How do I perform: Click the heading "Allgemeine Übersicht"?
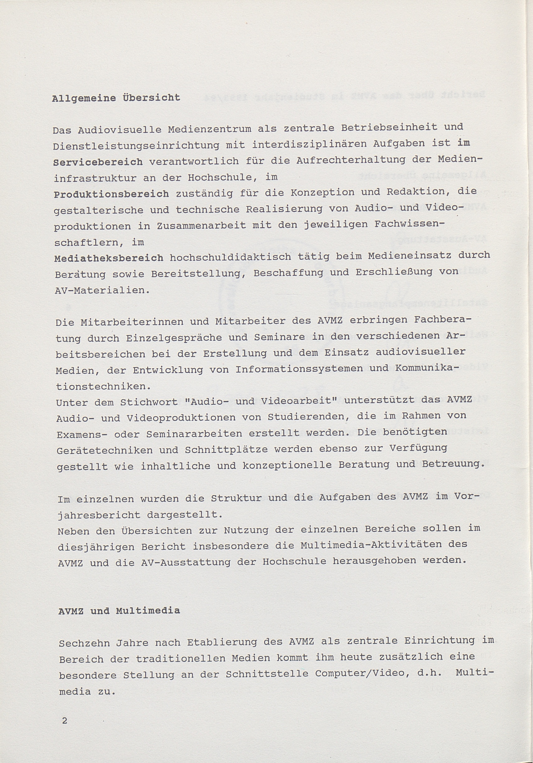116,98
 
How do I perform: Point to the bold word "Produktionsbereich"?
111,194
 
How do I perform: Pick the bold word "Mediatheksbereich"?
109,258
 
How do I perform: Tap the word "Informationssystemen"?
299,369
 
